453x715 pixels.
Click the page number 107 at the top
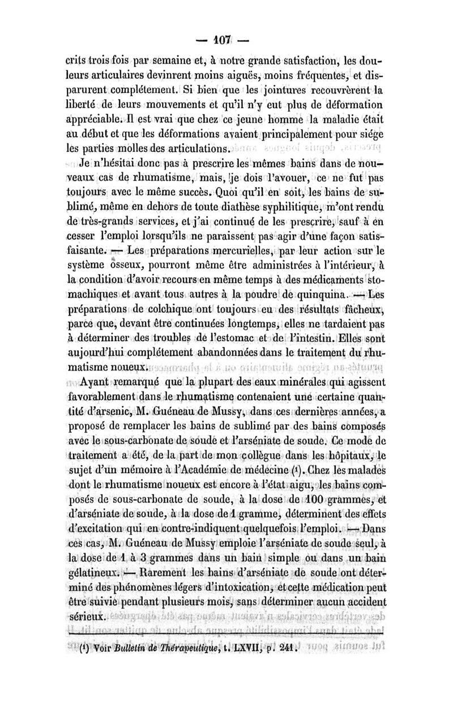[225, 42]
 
